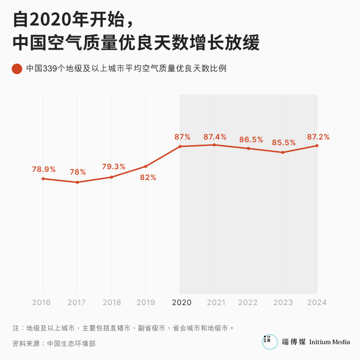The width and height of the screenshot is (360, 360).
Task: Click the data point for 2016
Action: click(43, 179)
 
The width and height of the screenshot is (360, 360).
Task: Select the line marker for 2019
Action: click(146, 166)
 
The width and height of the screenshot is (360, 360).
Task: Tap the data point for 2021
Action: click(214, 145)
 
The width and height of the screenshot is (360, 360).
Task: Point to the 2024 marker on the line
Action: click(317, 146)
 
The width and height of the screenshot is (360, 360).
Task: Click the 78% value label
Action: click(78, 172)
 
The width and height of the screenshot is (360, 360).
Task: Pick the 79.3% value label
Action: click(114, 167)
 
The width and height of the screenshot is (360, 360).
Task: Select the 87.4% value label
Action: click(215, 137)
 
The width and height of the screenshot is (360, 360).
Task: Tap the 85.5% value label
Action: click(284, 143)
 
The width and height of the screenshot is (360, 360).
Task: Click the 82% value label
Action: click(148, 178)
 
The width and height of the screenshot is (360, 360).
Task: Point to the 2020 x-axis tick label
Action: click(182, 302)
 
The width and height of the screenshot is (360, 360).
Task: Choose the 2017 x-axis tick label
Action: click(77, 302)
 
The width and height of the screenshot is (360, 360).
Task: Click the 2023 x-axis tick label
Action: click(283, 302)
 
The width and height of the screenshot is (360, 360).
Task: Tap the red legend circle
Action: click(17, 69)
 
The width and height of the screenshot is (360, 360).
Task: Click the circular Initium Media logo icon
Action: click(270, 342)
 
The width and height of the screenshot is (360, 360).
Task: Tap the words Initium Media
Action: click(329, 342)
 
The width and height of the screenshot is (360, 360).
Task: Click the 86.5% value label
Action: click(251, 140)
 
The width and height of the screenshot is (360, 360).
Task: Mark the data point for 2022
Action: click(249, 148)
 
